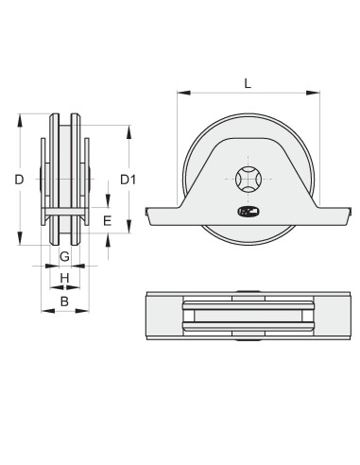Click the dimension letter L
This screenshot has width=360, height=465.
point(248,82)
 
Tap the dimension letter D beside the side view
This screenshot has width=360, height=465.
point(19,179)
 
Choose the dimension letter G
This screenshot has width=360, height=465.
point(64,256)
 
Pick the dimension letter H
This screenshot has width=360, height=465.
point(64,278)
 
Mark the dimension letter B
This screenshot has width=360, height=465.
point(64,301)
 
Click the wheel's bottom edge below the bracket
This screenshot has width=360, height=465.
point(248,247)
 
